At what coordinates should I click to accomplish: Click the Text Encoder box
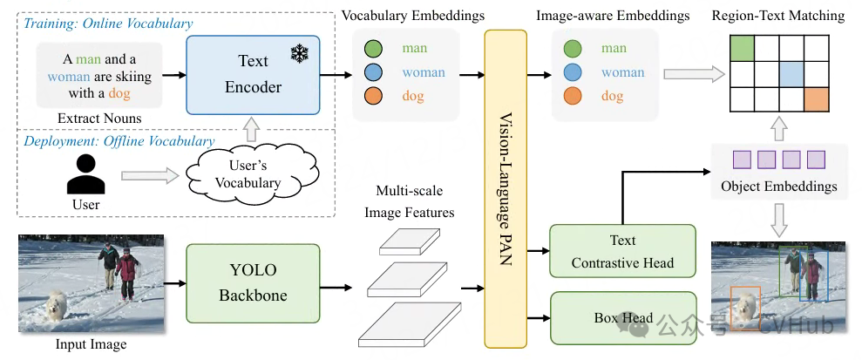click(254, 74)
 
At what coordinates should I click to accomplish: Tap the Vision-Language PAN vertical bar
click(506, 188)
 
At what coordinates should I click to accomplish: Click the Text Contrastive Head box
click(622, 251)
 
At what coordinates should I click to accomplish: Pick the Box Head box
click(622, 318)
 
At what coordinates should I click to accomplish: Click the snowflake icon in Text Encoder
click(300, 55)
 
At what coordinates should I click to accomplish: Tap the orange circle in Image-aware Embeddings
click(573, 97)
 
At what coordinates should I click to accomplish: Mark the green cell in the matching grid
click(742, 49)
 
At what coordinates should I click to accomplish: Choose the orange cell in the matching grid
click(816, 99)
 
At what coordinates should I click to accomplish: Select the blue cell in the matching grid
click(791, 74)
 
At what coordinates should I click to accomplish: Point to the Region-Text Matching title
click(778, 16)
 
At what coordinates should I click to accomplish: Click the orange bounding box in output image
click(745, 308)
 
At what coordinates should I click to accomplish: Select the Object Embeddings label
click(779, 187)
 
